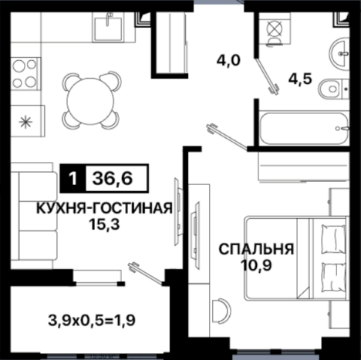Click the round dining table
pyautogui.click(x=90, y=101)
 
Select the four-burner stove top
pyautogui.click(x=25, y=73)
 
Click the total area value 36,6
pyautogui.click(x=113, y=179)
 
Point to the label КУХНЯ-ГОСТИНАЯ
pyautogui.click(x=104, y=208)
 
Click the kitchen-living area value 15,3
pyautogui.click(x=104, y=224)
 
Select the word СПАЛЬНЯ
pyautogui.click(x=256, y=249)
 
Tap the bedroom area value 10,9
pyautogui.click(x=256, y=265)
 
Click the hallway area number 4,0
pyautogui.click(x=228, y=61)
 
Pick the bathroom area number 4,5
pyautogui.click(x=300, y=79)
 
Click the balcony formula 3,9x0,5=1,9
pyautogui.click(x=92, y=321)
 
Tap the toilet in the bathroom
pyautogui.click(x=333, y=89)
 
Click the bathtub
pyautogui.click(x=304, y=128)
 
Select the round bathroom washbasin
pyautogui.click(x=339, y=54)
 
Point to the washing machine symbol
pyautogui.click(x=275, y=29)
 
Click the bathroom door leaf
pyautogui.click(x=265, y=76)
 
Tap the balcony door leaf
pyautogui.click(x=146, y=273)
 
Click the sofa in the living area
pyautogui.click(x=34, y=215)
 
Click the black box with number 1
pyautogui.click(x=73, y=179)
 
